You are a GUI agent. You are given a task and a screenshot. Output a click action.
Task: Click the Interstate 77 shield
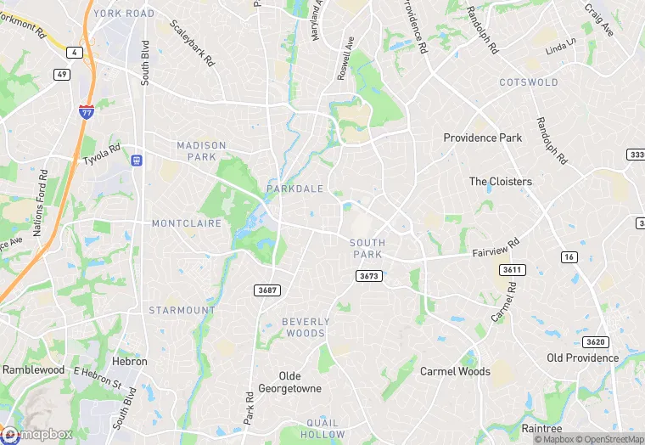pyautogui.click(x=86, y=110)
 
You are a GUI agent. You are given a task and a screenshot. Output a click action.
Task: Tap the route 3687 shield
pyautogui.click(x=266, y=290)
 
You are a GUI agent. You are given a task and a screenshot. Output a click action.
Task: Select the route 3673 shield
pyautogui.click(x=368, y=276)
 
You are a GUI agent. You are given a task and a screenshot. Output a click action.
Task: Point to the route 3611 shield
pyautogui.click(x=511, y=269)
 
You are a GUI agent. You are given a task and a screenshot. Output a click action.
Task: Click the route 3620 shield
pyautogui.click(x=595, y=342)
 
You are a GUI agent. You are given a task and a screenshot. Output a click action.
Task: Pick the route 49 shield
pyautogui.click(x=62, y=74)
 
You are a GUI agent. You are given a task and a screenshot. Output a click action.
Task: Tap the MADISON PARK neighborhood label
pyautogui.click(x=201, y=151)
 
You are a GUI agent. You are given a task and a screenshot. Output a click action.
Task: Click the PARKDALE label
pyautogui.click(x=294, y=189)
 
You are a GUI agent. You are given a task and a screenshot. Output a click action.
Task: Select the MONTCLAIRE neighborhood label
pyautogui.click(x=186, y=223)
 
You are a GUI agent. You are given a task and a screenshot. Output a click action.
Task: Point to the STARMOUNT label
pyautogui.click(x=182, y=311)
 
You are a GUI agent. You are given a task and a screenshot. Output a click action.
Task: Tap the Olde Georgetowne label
pyautogui.click(x=300, y=381)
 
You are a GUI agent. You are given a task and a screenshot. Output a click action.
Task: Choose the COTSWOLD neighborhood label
pyautogui.click(x=529, y=82)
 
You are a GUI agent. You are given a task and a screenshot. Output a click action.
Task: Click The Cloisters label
pyautogui.click(x=501, y=182)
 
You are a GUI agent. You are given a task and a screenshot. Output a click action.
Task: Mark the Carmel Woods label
pyautogui.click(x=455, y=371)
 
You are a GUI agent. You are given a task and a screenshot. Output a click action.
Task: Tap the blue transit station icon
pyautogui.click(x=136, y=160)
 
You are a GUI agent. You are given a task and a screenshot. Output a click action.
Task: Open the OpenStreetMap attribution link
pyautogui.click(x=614, y=439)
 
